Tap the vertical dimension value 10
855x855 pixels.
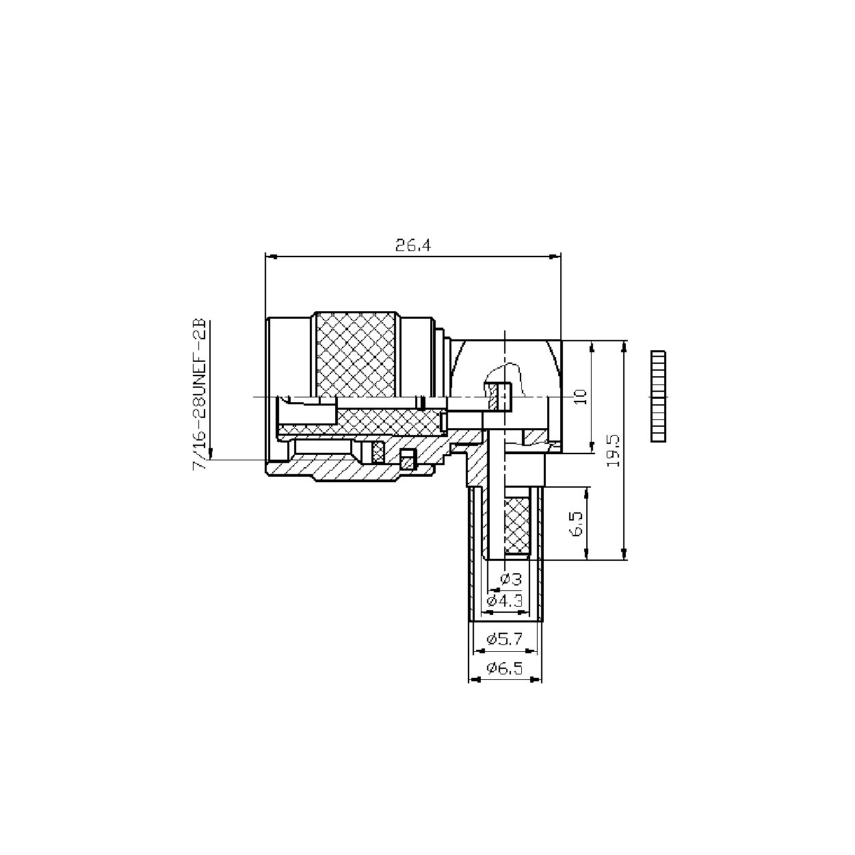pos(581,397)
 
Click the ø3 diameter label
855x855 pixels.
pos(510,579)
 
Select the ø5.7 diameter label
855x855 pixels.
pos(504,639)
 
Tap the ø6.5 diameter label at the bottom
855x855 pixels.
pos(504,668)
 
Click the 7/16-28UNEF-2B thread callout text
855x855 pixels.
pos(199,393)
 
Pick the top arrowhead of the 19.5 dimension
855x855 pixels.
pos(624,345)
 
